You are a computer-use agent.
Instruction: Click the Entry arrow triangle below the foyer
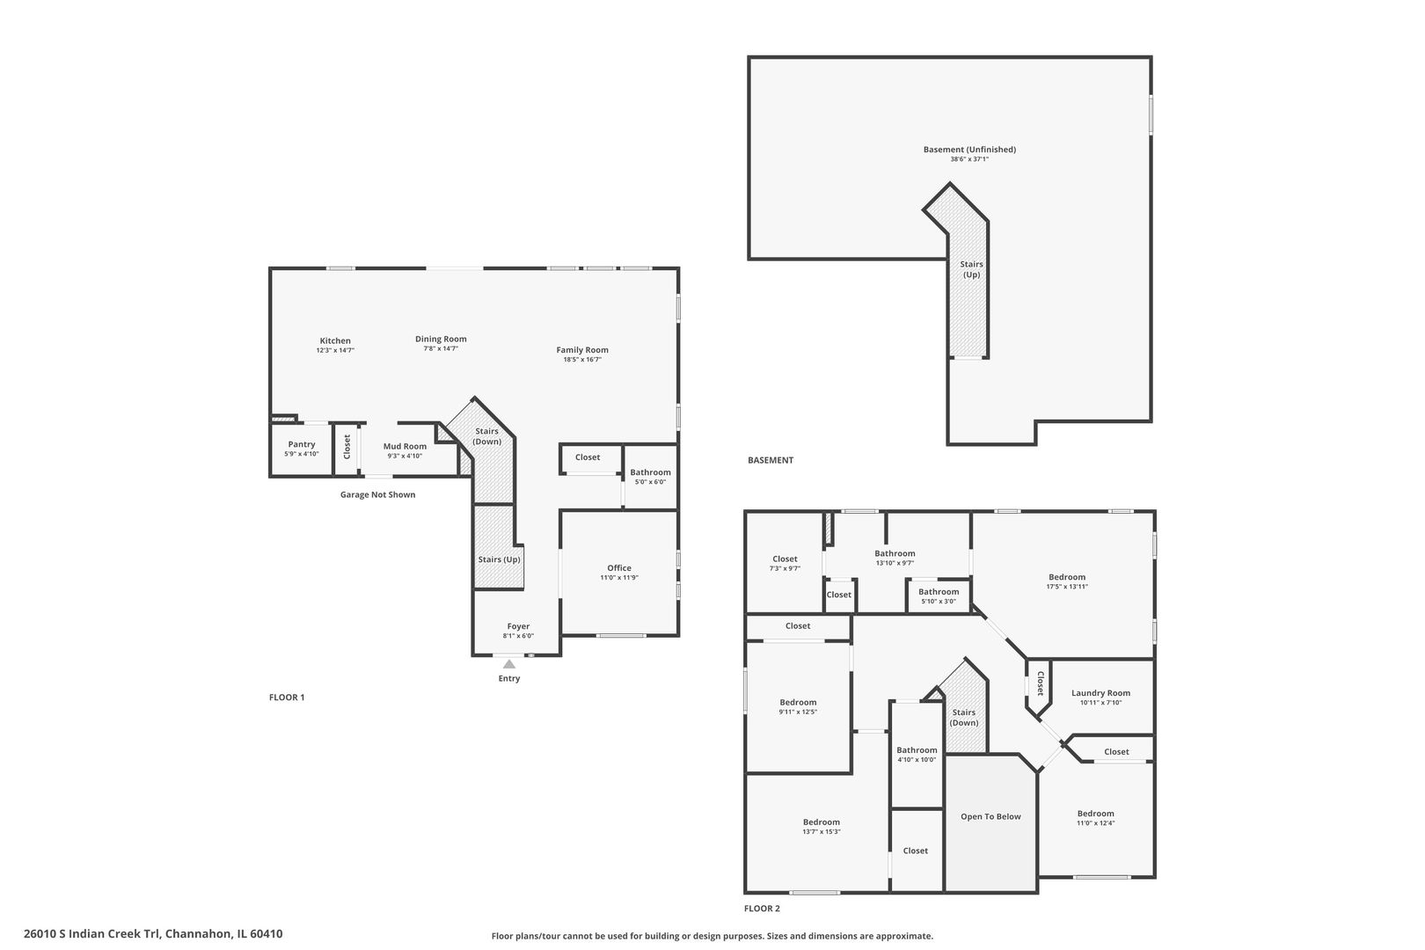[509, 664]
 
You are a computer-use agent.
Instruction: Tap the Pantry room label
[302, 444]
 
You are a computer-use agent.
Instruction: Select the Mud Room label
[405, 446]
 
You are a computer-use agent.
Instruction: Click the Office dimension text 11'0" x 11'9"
[619, 578]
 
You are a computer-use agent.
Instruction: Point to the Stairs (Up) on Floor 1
[499, 559]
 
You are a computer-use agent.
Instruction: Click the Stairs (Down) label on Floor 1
[486, 436]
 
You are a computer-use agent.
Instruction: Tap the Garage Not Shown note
[377, 494]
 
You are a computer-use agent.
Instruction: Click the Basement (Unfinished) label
[969, 150]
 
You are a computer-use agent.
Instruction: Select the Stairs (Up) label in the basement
[971, 269]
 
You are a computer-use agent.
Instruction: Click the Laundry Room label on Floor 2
[1100, 693]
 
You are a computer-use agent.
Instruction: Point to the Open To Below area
[990, 816]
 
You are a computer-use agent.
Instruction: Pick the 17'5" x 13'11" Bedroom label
[1067, 577]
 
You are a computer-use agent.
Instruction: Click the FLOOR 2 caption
[762, 909]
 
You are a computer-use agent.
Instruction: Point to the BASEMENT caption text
[771, 460]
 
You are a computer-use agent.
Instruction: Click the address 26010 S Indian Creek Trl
[153, 934]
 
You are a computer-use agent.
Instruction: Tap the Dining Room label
[441, 339]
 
